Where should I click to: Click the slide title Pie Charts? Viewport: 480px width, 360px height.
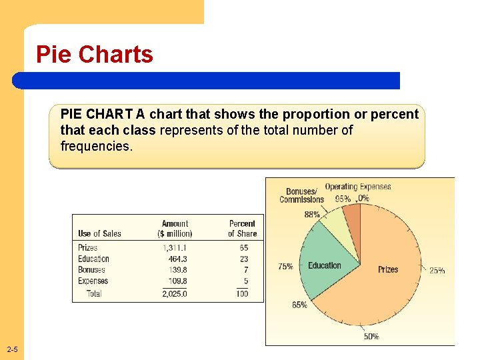click(95, 55)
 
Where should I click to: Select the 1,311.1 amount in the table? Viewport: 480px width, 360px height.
click(175, 248)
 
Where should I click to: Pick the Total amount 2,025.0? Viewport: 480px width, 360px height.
click(175, 293)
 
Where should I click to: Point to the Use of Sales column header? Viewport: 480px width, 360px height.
click(99, 233)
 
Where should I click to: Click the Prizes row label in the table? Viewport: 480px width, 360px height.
click(87, 248)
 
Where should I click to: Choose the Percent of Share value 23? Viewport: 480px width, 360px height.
click(244, 259)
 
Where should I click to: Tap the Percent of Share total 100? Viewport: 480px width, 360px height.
click(242, 293)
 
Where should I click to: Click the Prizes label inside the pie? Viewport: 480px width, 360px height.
click(388, 269)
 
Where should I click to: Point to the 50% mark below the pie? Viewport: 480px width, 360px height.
click(371, 337)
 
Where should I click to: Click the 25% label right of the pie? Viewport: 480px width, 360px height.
click(437, 271)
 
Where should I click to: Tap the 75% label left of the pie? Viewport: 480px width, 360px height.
click(285, 267)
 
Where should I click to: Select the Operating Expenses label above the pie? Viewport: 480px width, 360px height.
click(358, 187)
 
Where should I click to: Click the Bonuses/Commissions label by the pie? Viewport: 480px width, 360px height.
click(302, 196)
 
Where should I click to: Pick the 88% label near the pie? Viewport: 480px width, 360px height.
click(312, 215)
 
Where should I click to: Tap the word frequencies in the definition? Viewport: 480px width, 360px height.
click(97, 146)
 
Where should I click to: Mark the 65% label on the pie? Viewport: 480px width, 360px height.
click(299, 305)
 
